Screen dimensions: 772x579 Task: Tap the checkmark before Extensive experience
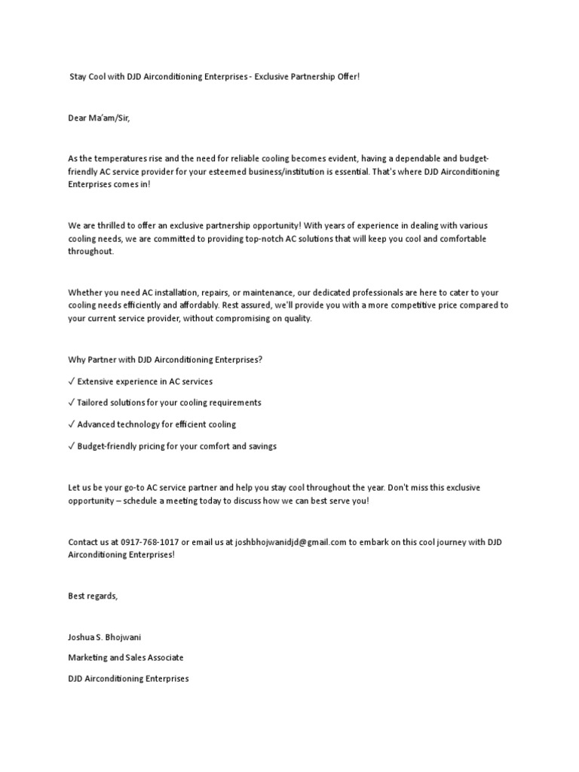(72, 381)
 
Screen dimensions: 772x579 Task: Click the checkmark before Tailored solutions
(72, 403)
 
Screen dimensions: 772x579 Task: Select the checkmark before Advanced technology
(72, 424)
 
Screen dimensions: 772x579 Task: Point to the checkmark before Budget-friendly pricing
(72, 446)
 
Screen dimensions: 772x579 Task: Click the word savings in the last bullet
(261, 446)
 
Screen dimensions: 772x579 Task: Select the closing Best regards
(93, 596)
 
